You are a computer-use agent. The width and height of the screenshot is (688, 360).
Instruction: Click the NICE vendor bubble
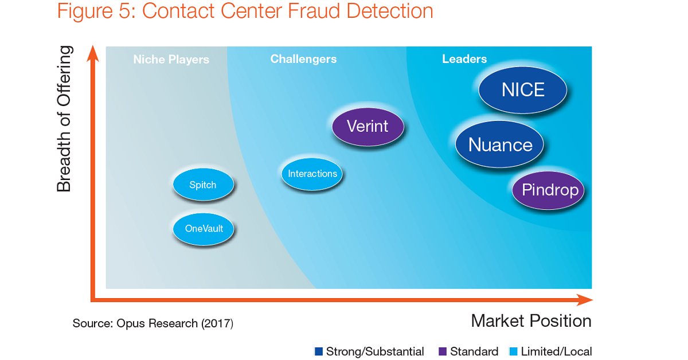(x=523, y=90)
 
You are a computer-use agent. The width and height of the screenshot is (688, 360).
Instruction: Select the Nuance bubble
(x=500, y=144)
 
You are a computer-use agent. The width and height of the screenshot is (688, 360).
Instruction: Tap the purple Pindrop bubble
(x=548, y=190)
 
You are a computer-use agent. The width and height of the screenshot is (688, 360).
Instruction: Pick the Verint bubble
(x=368, y=126)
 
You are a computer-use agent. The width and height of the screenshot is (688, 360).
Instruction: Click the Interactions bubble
(x=312, y=174)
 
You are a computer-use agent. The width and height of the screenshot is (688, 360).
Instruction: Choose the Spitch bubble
(x=203, y=185)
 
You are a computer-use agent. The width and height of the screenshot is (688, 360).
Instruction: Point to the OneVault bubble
(x=204, y=229)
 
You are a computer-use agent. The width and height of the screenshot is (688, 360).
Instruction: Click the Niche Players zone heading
(x=171, y=60)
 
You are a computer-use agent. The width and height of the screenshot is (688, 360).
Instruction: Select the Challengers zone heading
(x=303, y=59)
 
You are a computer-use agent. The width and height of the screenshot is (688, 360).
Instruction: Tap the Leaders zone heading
(x=464, y=59)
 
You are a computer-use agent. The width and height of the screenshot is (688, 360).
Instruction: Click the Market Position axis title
(x=531, y=321)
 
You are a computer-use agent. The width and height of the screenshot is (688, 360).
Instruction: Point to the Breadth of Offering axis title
(x=65, y=119)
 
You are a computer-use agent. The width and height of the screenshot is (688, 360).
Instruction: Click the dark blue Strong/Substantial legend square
(x=319, y=351)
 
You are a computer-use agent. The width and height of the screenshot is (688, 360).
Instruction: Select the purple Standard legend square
(x=442, y=351)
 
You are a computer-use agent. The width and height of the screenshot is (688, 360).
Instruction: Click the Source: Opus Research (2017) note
(x=153, y=323)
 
